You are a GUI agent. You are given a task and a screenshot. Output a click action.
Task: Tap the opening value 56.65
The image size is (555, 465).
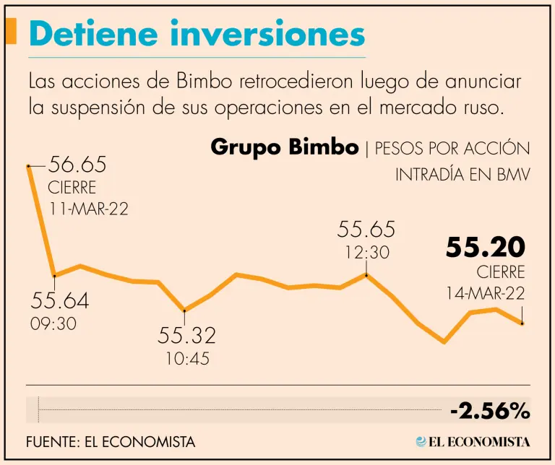(x=77, y=165)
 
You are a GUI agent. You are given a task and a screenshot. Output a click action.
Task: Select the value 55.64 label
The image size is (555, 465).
(x=59, y=300)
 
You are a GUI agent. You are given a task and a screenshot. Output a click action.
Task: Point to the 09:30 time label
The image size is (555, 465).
(x=53, y=323)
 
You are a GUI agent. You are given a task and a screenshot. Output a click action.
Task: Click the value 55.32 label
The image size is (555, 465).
(x=187, y=336)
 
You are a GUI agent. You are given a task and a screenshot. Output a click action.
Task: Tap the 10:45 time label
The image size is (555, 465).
(x=185, y=358)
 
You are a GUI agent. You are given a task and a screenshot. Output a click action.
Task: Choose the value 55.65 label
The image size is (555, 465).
(x=366, y=230)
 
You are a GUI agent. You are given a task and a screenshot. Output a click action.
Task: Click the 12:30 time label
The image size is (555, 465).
(x=366, y=253)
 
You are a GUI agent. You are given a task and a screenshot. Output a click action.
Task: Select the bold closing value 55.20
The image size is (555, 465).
(x=485, y=248)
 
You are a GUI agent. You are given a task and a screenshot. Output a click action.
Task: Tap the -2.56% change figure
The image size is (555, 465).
(x=490, y=412)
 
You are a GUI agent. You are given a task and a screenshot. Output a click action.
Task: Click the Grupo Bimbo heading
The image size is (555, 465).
(x=284, y=147)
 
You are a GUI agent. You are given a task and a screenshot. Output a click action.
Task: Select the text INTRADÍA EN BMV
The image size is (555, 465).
(x=462, y=175)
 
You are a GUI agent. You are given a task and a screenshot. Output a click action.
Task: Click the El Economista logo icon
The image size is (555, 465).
(x=421, y=441)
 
